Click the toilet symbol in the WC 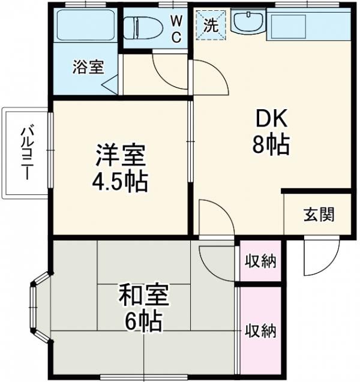point(140,27)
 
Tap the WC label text point(176,27)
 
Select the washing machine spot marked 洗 point(211,26)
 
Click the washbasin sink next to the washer point(246,23)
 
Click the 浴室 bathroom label point(88,67)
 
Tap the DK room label point(273,120)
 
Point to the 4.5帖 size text point(120,181)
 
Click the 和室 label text point(143,296)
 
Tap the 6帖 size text point(143,322)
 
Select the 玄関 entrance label point(319,214)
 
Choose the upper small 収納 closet point(260,261)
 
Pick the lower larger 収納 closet point(260,330)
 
